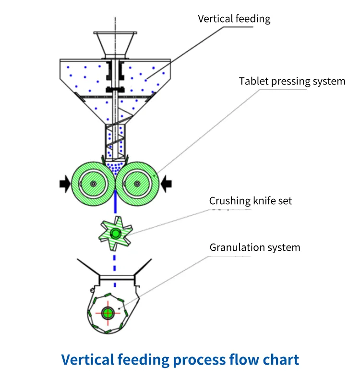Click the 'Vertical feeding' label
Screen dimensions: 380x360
[x=234, y=19]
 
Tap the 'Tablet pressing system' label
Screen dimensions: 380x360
[x=292, y=81]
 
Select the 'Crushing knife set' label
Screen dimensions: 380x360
[x=250, y=201]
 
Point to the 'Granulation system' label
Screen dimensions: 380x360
[x=254, y=247]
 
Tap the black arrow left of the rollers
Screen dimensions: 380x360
[x=64, y=183]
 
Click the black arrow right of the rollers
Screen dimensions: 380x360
[x=166, y=183]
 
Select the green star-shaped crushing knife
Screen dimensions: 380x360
[x=115, y=234]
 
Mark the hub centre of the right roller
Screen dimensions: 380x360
[x=138, y=184]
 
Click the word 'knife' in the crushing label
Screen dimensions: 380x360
[x=264, y=201]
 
